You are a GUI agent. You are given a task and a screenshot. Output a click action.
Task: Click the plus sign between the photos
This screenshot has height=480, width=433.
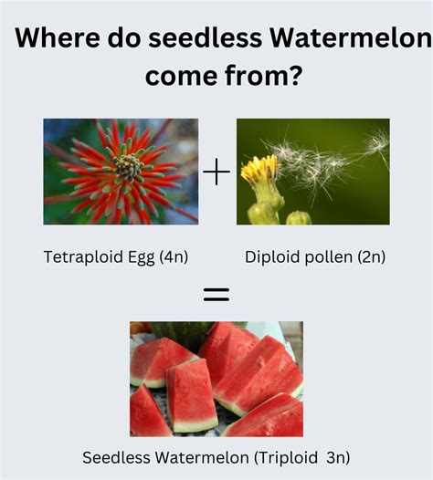[216, 172]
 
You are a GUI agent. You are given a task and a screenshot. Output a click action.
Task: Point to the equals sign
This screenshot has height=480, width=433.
[216, 294]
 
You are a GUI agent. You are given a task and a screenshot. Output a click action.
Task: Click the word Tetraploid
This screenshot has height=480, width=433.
[81, 257]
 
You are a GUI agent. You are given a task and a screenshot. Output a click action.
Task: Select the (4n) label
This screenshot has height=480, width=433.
[174, 257]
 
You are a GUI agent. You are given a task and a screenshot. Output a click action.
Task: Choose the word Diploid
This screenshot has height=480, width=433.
[270, 257]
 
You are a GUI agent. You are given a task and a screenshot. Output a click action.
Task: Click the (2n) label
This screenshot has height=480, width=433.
[369, 257]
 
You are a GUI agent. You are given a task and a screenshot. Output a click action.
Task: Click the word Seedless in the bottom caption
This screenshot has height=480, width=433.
[112, 457]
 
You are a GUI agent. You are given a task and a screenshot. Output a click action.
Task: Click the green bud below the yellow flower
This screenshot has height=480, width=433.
[298, 218]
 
